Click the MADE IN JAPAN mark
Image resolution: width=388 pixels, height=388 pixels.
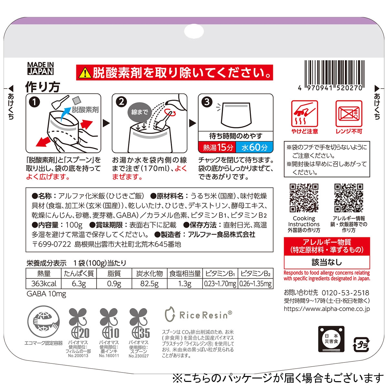40,69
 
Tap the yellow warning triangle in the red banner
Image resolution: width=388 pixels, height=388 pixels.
85,73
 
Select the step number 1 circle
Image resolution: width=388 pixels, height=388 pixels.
34,102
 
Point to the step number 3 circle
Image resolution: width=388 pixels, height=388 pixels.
207,102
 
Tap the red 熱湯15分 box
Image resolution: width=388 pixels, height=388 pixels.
217,147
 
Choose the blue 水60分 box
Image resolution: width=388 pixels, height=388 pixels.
254,147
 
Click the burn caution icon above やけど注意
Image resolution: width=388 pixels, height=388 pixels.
305,113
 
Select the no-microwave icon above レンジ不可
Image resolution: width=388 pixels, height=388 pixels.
349,113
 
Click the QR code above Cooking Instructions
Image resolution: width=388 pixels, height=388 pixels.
304,198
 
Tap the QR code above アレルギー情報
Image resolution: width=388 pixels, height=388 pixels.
349,198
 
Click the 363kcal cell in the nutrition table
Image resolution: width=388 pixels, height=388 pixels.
44,284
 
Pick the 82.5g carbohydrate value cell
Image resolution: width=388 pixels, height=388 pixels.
149,284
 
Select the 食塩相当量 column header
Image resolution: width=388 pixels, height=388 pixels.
185,274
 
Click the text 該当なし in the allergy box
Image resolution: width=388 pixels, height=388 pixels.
327,262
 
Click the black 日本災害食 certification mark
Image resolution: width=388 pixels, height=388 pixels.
331,339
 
